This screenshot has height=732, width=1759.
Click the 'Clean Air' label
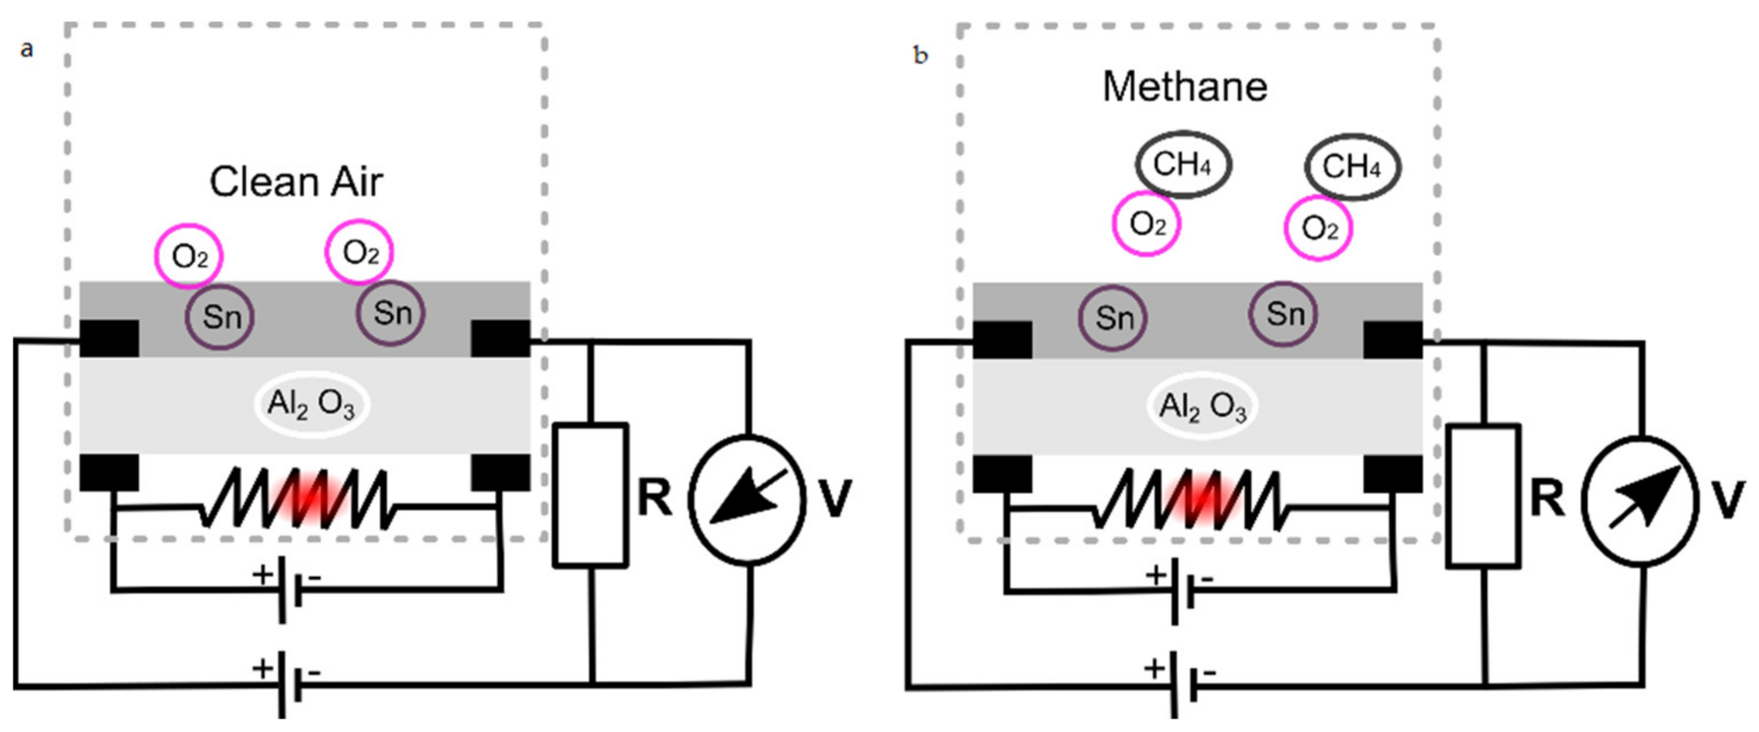[x=296, y=183]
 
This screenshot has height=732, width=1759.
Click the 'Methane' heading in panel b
[x=1185, y=88]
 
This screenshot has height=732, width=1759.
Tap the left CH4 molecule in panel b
[x=1183, y=164]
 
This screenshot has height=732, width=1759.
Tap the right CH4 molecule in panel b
[x=1352, y=167]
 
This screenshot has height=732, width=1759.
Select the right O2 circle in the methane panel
[x=1318, y=228]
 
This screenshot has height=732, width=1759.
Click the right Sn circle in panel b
[x=1284, y=314]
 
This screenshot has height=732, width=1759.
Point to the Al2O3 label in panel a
[x=312, y=404]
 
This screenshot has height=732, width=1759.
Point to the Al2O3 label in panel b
[x=1203, y=406]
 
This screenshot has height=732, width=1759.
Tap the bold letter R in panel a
[x=654, y=498]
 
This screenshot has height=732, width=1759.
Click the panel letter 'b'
[x=921, y=55]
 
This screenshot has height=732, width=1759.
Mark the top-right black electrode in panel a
[x=500, y=338]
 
